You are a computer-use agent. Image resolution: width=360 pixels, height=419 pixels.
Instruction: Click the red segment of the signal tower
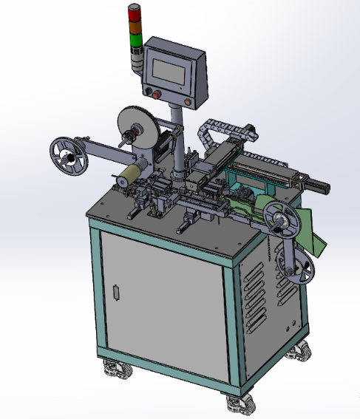[134, 10]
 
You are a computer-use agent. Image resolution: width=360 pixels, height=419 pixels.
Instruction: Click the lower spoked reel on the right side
[296, 265]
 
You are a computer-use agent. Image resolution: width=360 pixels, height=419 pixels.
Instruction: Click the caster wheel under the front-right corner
[239, 403]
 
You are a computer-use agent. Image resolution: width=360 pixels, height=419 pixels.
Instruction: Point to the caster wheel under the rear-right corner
[299, 352]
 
